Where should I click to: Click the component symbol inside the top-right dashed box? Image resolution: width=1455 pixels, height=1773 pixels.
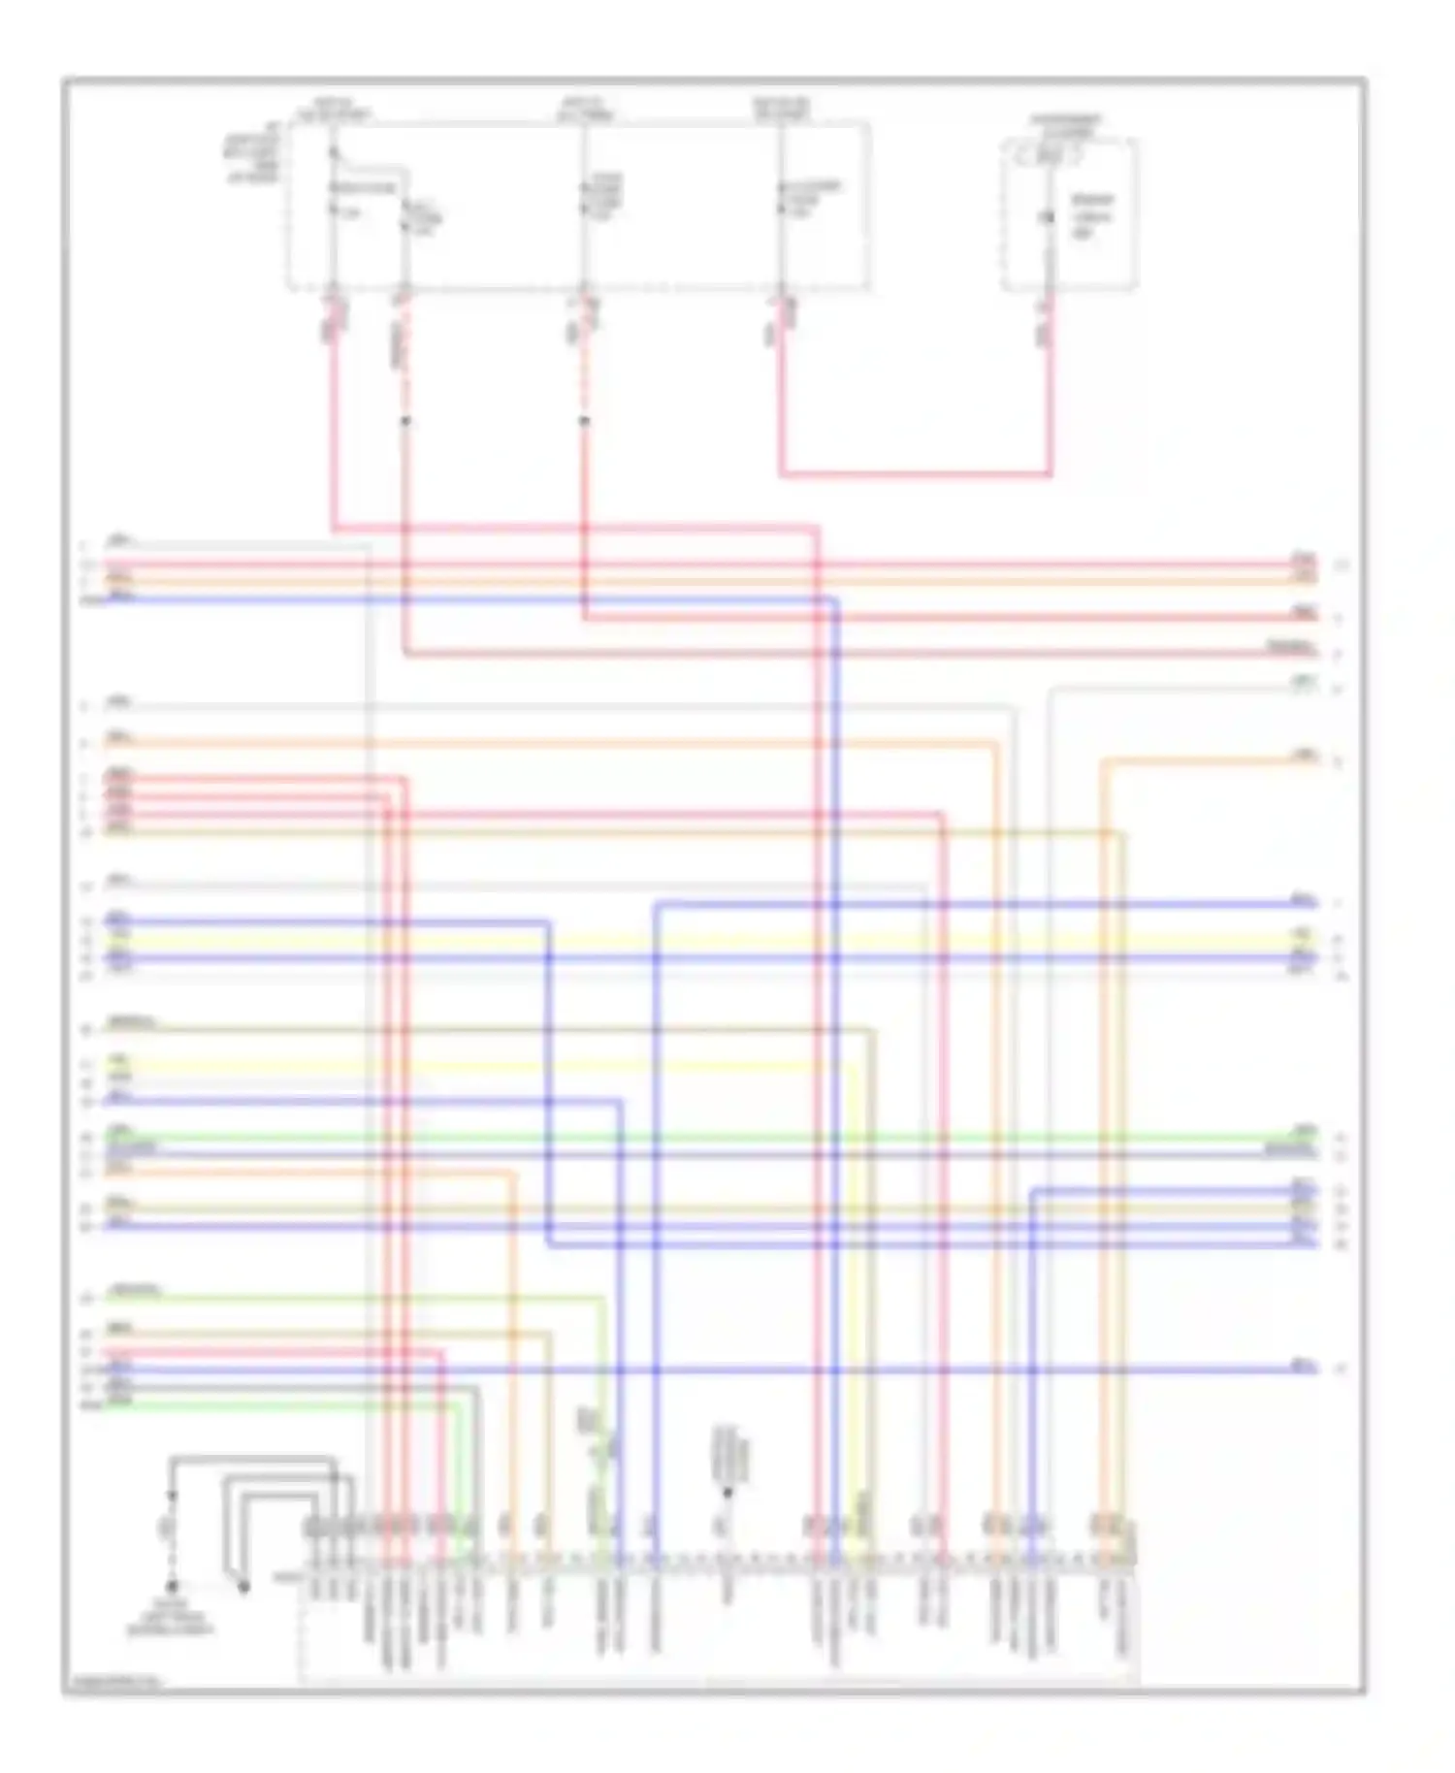point(1048,217)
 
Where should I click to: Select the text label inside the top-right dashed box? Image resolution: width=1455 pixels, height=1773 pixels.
point(1092,215)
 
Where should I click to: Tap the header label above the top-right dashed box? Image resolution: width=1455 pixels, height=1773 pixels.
point(1064,123)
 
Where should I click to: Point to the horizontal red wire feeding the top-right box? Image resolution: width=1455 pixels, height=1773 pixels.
point(915,475)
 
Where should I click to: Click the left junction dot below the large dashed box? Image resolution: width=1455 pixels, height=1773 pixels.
point(405,421)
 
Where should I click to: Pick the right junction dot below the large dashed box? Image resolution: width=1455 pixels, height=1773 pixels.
point(584,421)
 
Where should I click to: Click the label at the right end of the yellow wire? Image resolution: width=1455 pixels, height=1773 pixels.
point(1304,935)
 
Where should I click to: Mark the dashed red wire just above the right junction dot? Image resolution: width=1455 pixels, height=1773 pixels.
point(584,378)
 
